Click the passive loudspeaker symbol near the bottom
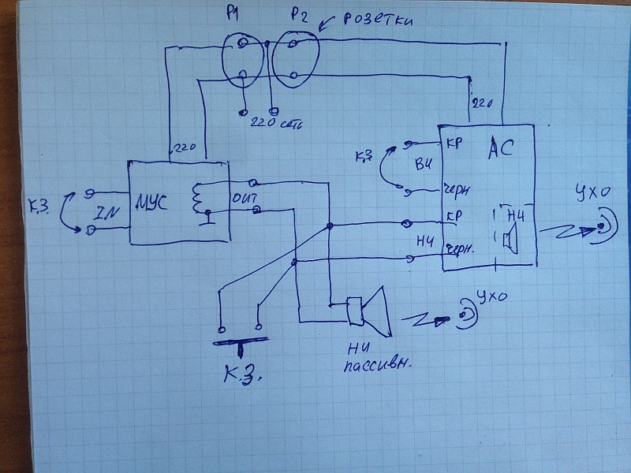pos(368,309)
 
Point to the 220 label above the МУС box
pos(185,147)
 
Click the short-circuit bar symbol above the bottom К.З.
pos(241,341)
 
